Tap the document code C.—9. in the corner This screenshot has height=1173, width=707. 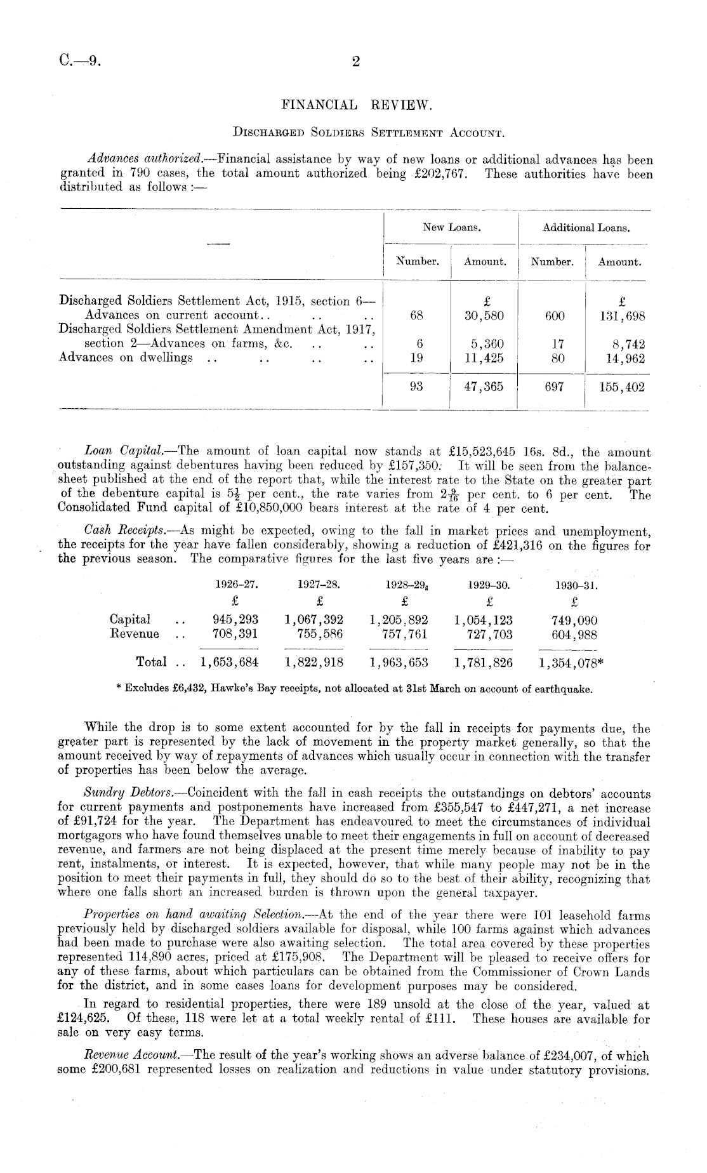click(x=79, y=62)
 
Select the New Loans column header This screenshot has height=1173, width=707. click(x=451, y=227)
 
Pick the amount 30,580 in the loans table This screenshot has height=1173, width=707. click(x=485, y=315)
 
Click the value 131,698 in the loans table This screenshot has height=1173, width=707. click(x=621, y=315)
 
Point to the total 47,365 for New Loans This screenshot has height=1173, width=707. click(x=485, y=386)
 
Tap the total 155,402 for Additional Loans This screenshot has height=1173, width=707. click(x=621, y=386)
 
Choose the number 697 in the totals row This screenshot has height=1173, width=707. click(x=554, y=386)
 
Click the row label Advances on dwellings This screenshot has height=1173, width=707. click(x=126, y=357)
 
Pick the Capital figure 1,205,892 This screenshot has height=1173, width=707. click(x=399, y=620)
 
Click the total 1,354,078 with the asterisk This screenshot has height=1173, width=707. click(x=571, y=663)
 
